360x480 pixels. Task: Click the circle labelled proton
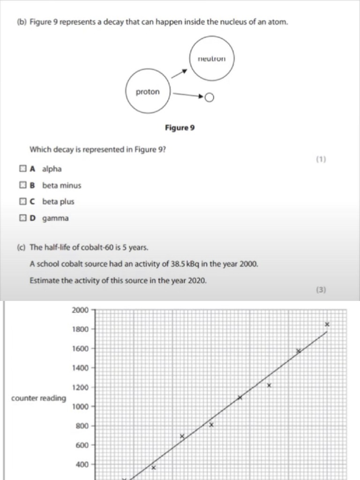point(148,92)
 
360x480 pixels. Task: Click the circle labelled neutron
point(211,59)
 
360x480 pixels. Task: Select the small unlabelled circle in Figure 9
point(209,97)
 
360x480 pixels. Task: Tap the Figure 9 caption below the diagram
point(180,127)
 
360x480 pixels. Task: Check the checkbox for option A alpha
point(23,169)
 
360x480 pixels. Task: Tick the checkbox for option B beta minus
point(23,185)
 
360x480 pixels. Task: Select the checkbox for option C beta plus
point(23,202)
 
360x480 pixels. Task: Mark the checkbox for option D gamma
point(23,218)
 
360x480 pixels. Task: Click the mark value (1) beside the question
point(321,159)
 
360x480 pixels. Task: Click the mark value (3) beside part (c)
point(321,290)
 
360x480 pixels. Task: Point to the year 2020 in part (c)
point(196,281)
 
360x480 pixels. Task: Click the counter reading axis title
point(38,398)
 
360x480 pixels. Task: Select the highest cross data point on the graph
point(327,324)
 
